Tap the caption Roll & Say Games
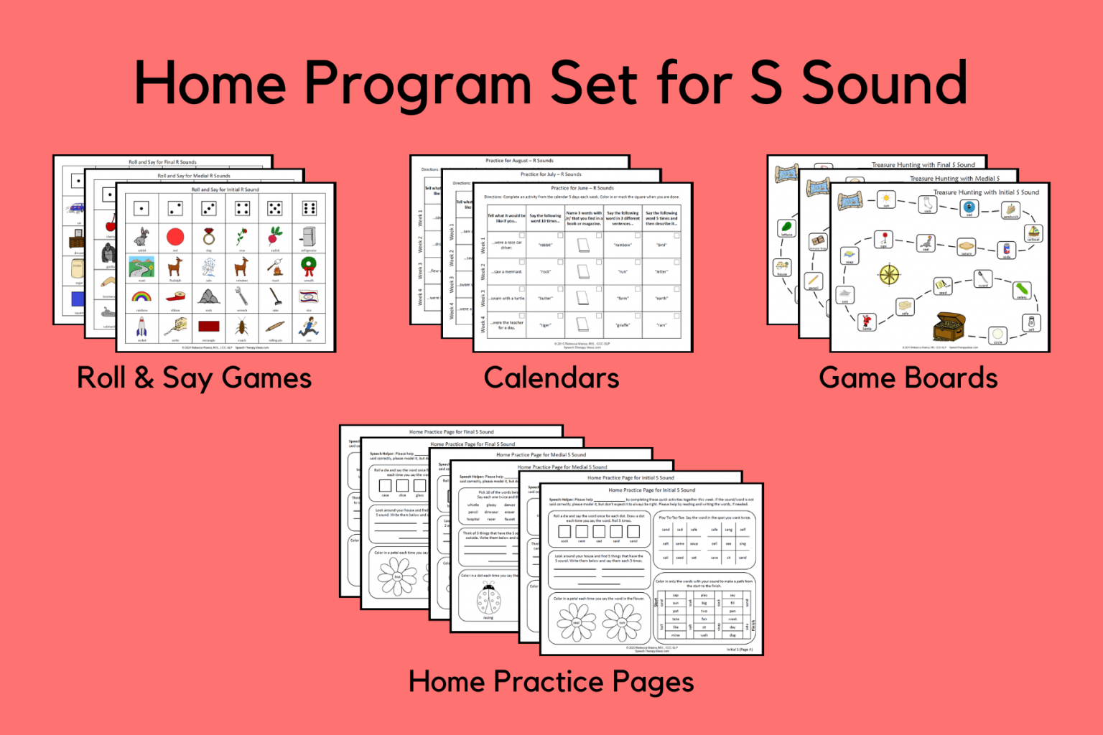[x=194, y=378]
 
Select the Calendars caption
[x=551, y=378]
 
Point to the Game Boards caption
[x=908, y=378]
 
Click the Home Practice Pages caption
[x=551, y=682]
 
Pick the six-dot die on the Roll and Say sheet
[x=310, y=208]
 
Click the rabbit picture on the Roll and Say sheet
[x=142, y=237]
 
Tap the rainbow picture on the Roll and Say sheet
[x=141, y=296]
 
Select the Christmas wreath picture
[x=309, y=266]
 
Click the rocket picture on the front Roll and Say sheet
[x=142, y=327]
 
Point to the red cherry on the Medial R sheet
[x=111, y=223]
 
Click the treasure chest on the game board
[x=949, y=327]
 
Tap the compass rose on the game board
[x=889, y=273]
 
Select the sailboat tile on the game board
[x=1033, y=233]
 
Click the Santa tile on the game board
[x=867, y=321]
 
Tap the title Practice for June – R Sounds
[x=582, y=188]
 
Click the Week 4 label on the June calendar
[x=483, y=324]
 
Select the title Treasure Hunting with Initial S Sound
[x=986, y=192]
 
